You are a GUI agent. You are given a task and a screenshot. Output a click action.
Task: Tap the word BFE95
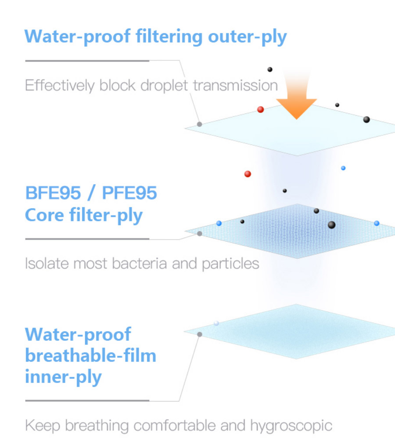click(x=53, y=193)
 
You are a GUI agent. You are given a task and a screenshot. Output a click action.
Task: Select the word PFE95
click(x=129, y=193)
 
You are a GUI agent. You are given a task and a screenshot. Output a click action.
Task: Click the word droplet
click(x=164, y=86)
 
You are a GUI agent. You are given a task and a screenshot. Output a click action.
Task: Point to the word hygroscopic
click(x=291, y=426)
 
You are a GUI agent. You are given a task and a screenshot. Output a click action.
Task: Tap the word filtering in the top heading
click(x=169, y=36)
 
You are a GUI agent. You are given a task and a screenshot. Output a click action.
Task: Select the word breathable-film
click(x=90, y=355)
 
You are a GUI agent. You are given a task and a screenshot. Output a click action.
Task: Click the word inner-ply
click(x=63, y=377)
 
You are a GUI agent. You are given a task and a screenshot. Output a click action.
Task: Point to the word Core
click(x=44, y=215)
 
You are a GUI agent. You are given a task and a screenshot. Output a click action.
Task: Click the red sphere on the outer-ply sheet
click(x=260, y=109)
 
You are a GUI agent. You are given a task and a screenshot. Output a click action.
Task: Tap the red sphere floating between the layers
click(x=248, y=174)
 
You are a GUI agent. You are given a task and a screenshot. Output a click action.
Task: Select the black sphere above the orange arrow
click(x=270, y=69)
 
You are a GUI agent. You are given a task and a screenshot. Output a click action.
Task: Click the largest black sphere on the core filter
click(x=331, y=225)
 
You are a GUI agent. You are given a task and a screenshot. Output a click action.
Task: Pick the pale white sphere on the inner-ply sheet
click(x=216, y=323)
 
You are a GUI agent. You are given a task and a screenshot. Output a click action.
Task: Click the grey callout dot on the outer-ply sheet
click(x=199, y=124)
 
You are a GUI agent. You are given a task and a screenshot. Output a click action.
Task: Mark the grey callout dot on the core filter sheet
click(x=200, y=234)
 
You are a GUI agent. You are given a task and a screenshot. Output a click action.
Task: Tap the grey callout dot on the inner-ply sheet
click(x=200, y=334)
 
